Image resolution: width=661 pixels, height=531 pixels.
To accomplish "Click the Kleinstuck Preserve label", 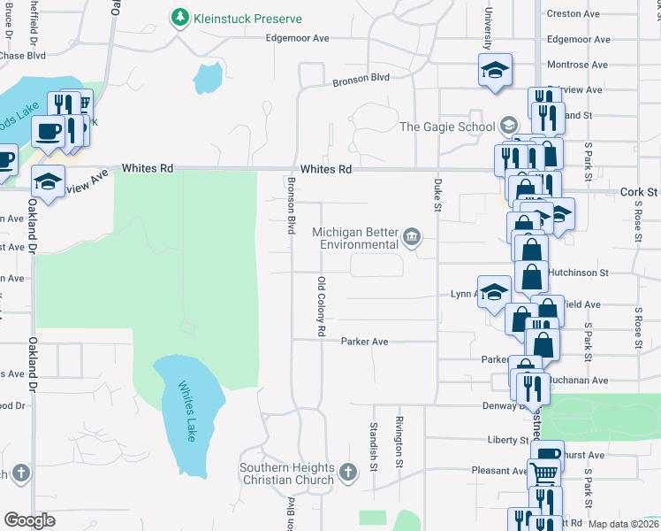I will click(248, 19).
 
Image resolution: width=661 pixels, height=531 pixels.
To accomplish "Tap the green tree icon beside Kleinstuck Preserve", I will click(180, 18).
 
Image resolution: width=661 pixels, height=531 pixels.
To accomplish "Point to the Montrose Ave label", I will click(578, 65).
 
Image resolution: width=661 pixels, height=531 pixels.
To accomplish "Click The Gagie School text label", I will click(446, 127).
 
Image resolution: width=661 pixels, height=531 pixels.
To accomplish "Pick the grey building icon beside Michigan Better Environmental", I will click(412, 237).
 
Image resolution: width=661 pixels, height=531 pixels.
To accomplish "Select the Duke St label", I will click(437, 195).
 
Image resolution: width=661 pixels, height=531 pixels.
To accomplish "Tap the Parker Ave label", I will click(365, 341).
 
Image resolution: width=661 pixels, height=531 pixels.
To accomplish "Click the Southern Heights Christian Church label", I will click(288, 473).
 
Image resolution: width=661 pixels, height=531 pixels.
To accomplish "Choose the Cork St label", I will click(639, 191).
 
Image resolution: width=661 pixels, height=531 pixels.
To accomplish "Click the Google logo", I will click(29, 520).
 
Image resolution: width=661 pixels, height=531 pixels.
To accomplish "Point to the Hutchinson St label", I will click(578, 274).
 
